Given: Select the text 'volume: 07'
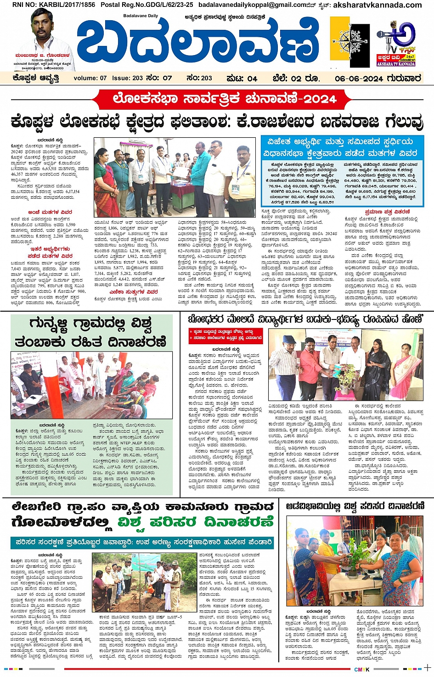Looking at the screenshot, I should (x=90, y=78).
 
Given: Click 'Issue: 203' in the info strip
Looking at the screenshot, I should (x=127, y=78).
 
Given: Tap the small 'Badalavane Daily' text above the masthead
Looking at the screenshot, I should (x=140, y=16).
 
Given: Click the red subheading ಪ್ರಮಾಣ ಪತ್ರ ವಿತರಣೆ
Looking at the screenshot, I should (x=383, y=212).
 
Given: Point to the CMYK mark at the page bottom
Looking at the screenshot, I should (x=362, y=669).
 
